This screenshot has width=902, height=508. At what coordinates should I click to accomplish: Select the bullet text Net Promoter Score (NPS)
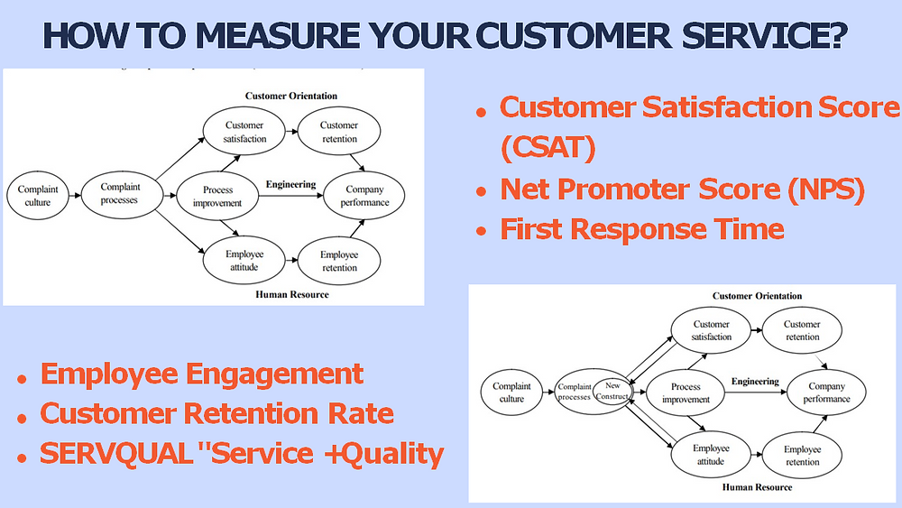coord(682,189)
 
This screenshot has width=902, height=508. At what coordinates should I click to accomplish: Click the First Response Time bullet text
coord(641,229)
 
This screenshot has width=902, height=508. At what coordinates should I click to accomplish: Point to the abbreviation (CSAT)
coord(548,148)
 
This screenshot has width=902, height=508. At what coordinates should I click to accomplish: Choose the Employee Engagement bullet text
coord(202,374)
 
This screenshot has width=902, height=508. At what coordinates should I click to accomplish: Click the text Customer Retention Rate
coord(217,414)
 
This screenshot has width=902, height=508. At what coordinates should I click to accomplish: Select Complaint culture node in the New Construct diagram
coord(511,393)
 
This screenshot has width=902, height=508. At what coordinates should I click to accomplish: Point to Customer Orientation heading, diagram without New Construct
coord(291,96)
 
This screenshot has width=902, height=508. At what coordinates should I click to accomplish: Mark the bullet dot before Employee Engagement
coord(22,377)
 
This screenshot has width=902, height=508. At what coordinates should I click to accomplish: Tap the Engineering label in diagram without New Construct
coord(290,184)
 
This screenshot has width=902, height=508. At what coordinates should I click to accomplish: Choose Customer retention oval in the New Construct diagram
coord(802,330)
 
